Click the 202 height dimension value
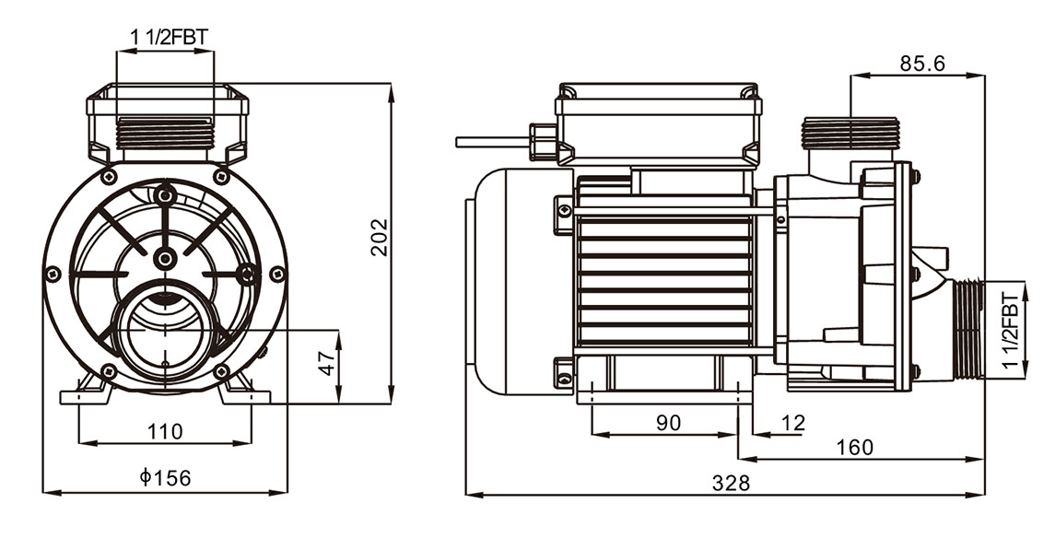point(381,237)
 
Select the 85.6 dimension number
point(922,64)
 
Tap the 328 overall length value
point(731,483)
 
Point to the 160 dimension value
point(854,447)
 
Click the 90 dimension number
point(669,422)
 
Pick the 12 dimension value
point(794,422)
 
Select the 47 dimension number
point(327,363)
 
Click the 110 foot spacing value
point(165,431)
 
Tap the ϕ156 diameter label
point(166,478)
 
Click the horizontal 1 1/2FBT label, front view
point(169,38)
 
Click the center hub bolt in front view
point(165,258)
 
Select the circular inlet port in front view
point(165,330)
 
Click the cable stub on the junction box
point(493,142)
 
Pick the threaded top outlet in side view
point(850,134)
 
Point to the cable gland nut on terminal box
point(543,142)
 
